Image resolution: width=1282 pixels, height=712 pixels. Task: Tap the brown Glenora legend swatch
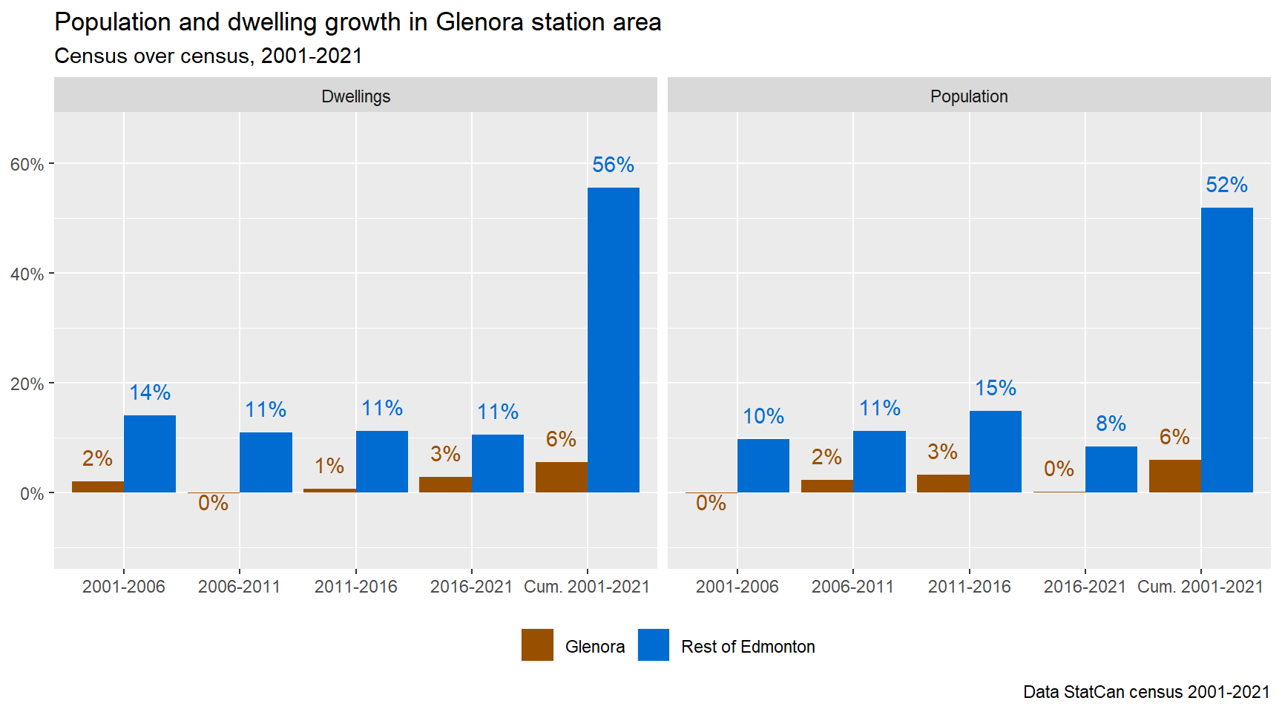[537, 645]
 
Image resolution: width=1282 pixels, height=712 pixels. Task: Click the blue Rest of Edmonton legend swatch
[654, 645]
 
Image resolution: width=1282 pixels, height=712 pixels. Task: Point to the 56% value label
[613, 165]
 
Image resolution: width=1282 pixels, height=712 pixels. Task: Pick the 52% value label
[1226, 185]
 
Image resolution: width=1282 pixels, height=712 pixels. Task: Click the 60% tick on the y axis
[27, 165]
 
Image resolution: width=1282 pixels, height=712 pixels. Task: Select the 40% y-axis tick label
[27, 274]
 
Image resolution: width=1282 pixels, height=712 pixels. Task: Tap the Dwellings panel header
[355, 96]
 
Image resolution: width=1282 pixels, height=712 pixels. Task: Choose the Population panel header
[969, 96]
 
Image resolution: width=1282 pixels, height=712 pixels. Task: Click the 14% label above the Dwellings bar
[150, 392]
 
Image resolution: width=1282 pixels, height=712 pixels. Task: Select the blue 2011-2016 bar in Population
[995, 452]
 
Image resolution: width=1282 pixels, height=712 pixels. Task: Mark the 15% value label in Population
[995, 388]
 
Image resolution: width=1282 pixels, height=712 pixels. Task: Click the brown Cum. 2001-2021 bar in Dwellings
[562, 478]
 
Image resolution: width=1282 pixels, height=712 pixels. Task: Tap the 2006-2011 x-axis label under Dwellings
[239, 587]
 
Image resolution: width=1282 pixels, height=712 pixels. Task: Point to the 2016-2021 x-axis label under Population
[1085, 587]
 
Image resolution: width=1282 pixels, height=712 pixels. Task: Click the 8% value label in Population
[1111, 423]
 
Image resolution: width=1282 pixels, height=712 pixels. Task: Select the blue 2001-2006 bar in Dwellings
[150, 454]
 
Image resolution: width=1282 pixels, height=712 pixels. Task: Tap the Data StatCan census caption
[1145, 692]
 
